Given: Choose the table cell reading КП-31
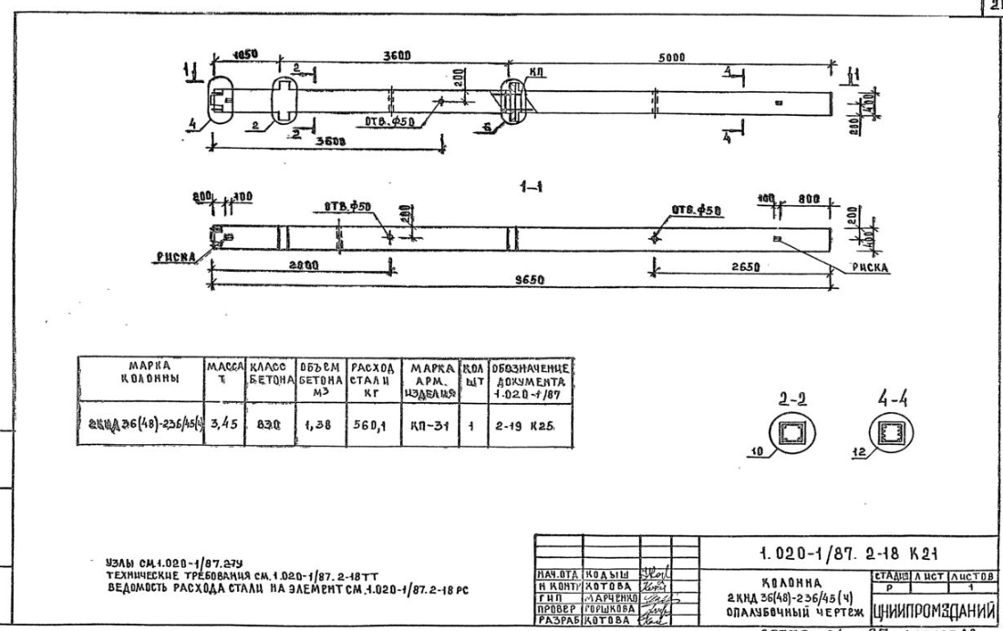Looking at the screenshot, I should (x=421, y=423).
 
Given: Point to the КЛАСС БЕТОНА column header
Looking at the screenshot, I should (x=264, y=375).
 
